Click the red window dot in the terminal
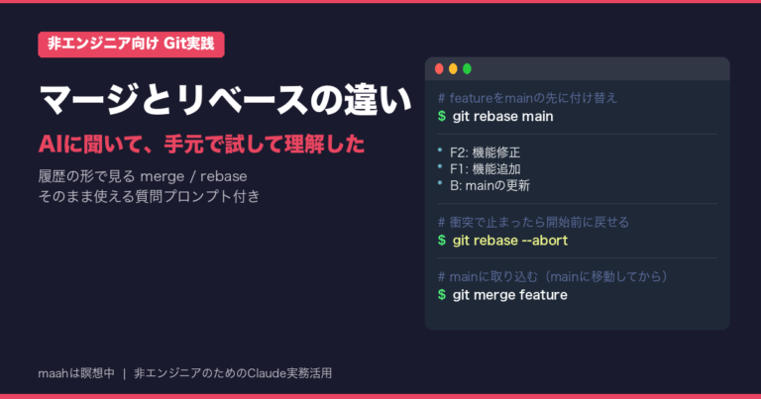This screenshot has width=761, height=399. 439,69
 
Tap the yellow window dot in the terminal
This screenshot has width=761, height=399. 453,69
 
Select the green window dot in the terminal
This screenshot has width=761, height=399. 467,69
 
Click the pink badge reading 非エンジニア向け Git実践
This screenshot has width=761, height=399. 131,45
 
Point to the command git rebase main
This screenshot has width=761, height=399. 502,117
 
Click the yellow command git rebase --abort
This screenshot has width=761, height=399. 510,241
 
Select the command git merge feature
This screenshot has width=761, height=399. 509,295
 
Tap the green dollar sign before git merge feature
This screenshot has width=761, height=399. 442,295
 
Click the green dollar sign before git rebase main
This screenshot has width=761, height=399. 442,117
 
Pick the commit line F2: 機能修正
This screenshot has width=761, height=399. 485,152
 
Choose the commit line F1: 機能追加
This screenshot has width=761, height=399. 485,169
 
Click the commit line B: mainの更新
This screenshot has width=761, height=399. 489,186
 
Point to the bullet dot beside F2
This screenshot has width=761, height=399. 440,150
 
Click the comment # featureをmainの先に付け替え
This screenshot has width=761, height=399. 527,98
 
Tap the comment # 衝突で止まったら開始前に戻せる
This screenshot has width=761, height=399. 533,223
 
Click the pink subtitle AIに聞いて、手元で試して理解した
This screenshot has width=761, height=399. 201,145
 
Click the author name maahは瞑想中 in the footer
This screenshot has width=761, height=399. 76,373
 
